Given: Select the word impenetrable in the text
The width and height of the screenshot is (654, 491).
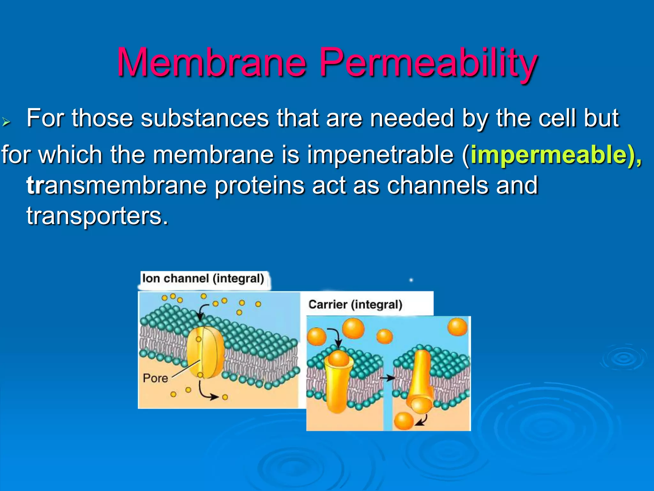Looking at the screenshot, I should coord(380,155).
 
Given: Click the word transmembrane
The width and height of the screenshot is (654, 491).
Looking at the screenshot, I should coord(117,185).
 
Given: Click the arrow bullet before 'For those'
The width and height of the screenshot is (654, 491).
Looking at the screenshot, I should coord(6,121).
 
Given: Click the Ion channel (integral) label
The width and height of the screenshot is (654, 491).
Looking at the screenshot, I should coord(203,278).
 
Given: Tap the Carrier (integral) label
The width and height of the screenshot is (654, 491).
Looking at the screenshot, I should coord(355,304).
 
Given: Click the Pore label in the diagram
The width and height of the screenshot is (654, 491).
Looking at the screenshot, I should coord(155,378).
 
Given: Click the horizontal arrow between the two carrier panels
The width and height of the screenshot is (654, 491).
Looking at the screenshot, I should coord(387,378).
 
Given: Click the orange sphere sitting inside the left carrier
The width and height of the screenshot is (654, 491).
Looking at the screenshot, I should coord(338,358).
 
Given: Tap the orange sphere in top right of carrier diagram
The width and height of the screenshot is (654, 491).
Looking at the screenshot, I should coord(457,327).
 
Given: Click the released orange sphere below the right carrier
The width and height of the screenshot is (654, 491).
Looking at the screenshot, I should coord(404,421).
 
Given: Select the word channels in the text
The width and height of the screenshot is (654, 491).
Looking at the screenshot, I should coord(437,185).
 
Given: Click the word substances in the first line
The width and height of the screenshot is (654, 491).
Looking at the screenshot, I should coord(204,118).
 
